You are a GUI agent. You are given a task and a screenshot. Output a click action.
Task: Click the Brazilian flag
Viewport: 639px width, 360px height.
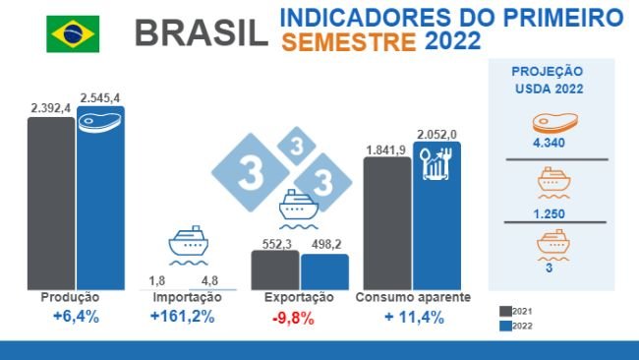pyautogui.click(x=72, y=33)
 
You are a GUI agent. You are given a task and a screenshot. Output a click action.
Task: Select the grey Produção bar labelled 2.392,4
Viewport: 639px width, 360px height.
pyautogui.click(x=51, y=203)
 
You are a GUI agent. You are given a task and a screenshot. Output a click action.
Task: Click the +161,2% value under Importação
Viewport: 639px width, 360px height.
pyautogui.click(x=183, y=317)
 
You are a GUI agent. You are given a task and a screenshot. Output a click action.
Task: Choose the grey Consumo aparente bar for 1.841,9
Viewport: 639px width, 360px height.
pyautogui.click(x=387, y=223)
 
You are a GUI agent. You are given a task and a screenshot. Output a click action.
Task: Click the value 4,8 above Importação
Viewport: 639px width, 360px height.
pyautogui.click(x=209, y=280)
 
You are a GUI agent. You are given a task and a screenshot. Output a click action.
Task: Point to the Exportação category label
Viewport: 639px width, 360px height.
pyautogui.click(x=300, y=297)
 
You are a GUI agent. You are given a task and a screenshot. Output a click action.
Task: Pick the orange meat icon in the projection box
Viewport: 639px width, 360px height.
pyautogui.click(x=548, y=123)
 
